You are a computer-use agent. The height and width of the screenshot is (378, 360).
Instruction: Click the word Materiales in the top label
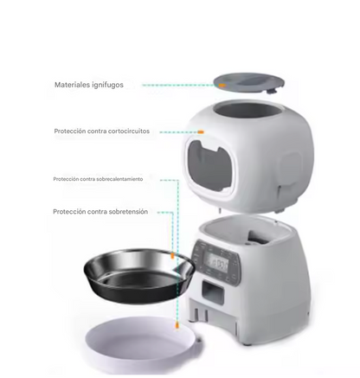click(x=73, y=86)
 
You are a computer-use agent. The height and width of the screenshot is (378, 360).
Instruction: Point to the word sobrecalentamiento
click(x=119, y=179)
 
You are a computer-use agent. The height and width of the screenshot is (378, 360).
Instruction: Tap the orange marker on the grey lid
click(x=222, y=86)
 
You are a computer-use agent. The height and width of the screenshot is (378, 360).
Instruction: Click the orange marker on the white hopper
click(x=202, y=132)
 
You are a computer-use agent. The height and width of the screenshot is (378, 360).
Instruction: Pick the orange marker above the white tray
click(x=175, y=326)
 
